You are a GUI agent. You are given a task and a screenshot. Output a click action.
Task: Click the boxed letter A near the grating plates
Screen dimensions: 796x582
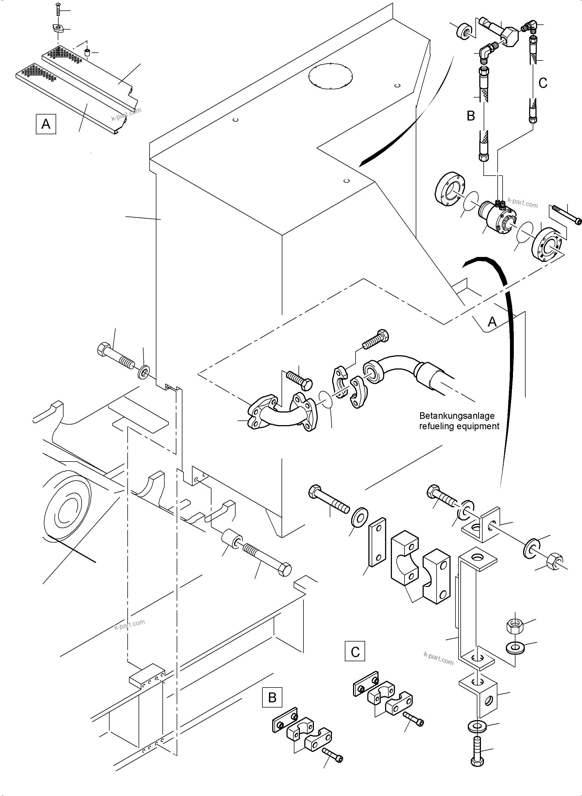[x=46, y=124]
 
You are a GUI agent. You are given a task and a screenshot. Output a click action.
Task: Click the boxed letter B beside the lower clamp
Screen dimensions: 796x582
[x=272, y=697]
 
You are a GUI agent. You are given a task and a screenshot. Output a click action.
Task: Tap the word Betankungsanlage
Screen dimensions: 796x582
[x=457, y=416]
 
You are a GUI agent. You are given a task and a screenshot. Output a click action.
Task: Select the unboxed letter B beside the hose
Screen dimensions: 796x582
[x=471, y=116]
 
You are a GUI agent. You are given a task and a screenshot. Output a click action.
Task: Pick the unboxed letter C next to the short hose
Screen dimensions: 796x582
[x=543, y=83]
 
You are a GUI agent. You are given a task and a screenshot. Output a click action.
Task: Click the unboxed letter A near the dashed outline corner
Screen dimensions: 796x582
[x=492, y=321]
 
